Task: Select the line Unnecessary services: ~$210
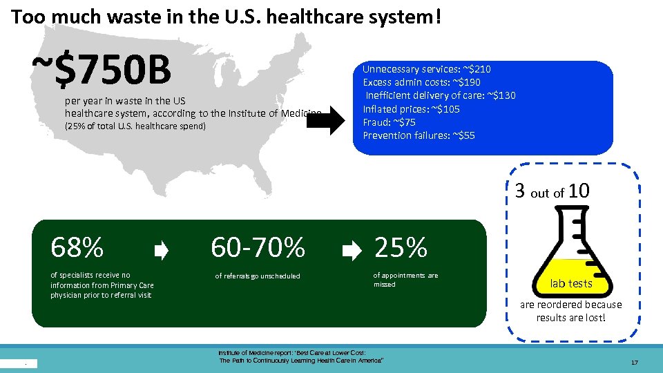pos(427,69)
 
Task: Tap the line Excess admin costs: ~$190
pos(421,82)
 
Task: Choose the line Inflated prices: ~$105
pos(412,108)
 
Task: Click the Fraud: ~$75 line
pos(390,122)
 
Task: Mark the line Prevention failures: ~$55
pos(419,135)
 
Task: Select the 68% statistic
pos(77,247)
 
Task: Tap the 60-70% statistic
pos(258,247)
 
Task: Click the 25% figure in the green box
pos(401,247)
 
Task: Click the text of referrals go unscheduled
pos(258,276)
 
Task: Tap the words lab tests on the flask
pos(570,283)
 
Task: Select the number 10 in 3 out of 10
pos(579,191)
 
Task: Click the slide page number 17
pos(634,363)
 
